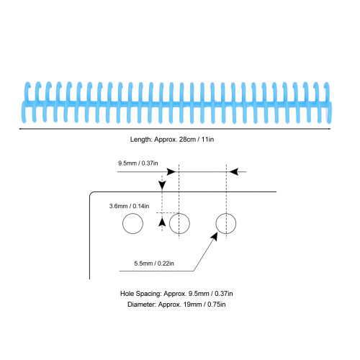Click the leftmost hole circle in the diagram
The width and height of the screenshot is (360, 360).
[122, 223]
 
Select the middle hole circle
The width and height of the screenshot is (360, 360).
[169, 223]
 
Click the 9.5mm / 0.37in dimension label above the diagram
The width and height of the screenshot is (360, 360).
[138, 163]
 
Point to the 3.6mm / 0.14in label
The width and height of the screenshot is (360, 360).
[129, 206]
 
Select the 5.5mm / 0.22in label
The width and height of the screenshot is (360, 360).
[154, 264]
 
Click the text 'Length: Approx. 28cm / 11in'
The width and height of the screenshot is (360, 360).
[172, 140]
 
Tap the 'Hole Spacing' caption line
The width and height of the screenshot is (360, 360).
[176, 294]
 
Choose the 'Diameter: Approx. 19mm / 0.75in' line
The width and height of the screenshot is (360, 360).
[176, 305]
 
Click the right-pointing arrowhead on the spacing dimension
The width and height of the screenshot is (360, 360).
[171, 172]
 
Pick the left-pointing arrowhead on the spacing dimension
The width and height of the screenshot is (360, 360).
[234, 172]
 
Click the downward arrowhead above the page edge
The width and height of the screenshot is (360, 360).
[162, 185]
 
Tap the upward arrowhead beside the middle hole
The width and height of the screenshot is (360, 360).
[162, 222]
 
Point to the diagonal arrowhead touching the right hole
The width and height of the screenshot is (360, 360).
[214, 236]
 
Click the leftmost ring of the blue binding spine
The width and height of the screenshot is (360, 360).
[26, 103]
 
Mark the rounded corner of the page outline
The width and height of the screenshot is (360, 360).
[91, 194]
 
